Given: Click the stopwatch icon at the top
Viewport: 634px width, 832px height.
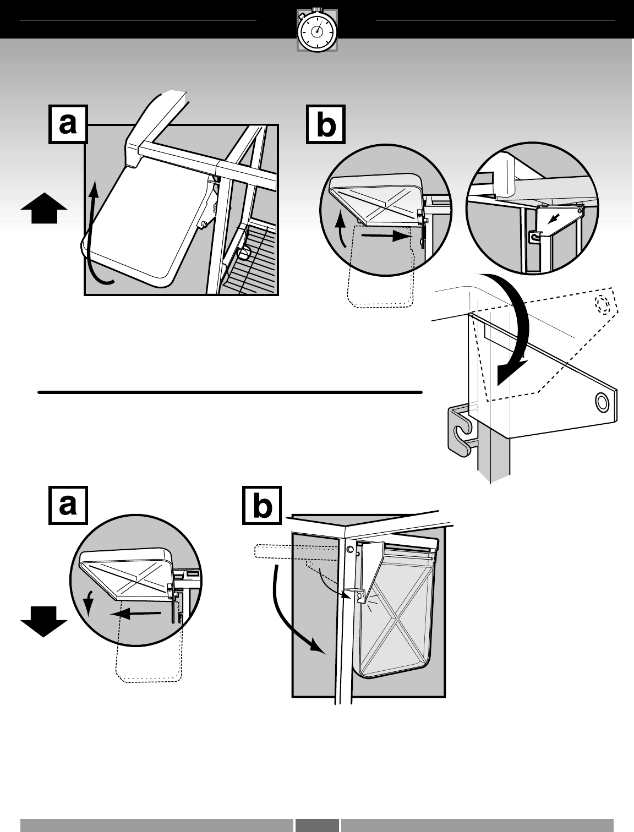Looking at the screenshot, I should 317,31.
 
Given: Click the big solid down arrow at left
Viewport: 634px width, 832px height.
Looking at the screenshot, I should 44,620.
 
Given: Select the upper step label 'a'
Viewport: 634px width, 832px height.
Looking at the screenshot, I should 68,124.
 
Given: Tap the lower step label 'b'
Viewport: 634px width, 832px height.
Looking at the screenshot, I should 263,505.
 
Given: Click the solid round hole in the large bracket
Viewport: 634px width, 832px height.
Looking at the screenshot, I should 603,402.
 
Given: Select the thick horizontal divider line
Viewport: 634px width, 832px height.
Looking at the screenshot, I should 229,392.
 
